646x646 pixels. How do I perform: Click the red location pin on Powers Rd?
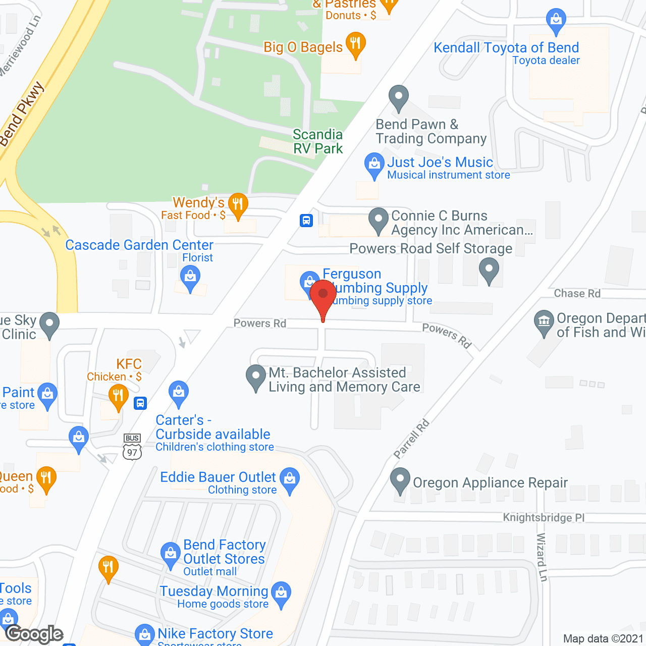[323, 295]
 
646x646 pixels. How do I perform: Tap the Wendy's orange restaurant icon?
[238, 205]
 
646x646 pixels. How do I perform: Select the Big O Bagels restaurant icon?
[355, 44]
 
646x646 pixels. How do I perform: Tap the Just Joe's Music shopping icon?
[374, 165]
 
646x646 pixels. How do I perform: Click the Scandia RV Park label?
[318, 141]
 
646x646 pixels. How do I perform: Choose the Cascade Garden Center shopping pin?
[190, 278]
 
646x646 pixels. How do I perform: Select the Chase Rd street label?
[577, 293]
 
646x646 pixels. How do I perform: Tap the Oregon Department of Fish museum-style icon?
[544, 321]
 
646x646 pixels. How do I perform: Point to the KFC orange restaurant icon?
[118, 396]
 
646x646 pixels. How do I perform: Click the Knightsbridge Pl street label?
[544, 517]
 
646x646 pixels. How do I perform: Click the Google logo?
[35, 634]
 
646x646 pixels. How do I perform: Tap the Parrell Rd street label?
[411, 439]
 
